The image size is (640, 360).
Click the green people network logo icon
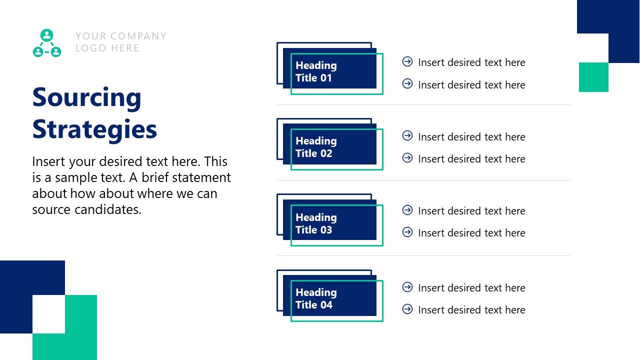tap(47, 43)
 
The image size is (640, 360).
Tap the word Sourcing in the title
tap(86, 97)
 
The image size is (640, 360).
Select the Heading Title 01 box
tap(329, 71)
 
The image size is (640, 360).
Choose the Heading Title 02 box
tap(329, 147)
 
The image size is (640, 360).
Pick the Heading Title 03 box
tap(329, 223)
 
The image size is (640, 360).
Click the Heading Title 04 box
tap(329, 298)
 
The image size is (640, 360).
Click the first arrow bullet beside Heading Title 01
tap(407, 61)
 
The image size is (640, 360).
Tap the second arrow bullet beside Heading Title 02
tap(407, 158)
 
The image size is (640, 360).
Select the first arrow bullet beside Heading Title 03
tap(407, 210)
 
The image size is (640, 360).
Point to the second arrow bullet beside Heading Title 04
tap(407, 309)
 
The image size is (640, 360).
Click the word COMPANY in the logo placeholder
tap(138, 36)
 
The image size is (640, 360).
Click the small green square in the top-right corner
tap(593, 77)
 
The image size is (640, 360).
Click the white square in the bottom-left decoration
tap(48, 314)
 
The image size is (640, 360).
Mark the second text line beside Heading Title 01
tap(471, 85)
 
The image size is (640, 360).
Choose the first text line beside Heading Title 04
tap(471, 288)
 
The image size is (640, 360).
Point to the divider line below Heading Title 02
tap(423, 180)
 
